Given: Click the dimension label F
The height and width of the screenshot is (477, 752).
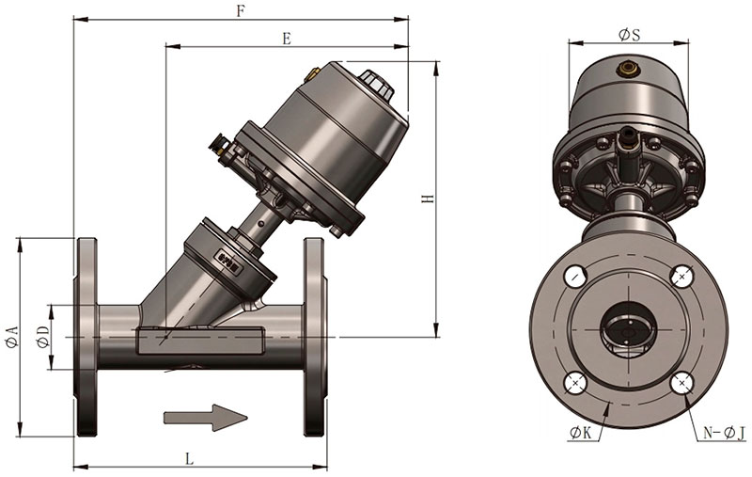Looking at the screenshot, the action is [242, 10].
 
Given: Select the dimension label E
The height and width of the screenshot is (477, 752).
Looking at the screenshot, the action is [287, 39].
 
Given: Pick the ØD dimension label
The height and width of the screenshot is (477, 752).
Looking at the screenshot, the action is [42, 337].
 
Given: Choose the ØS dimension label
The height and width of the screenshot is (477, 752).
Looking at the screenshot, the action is [629, 35].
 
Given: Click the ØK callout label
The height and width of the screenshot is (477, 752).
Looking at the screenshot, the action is [581, 433].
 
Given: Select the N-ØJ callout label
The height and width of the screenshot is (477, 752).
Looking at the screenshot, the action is [724, 433].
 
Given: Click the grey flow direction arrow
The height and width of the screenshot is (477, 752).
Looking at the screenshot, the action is [205, 417].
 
